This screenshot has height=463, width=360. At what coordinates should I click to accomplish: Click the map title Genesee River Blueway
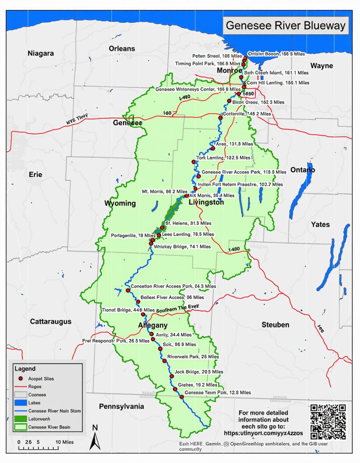pos(285,26)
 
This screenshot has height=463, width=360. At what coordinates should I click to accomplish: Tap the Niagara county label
pos(41,53)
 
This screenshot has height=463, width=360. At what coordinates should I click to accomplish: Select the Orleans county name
pos(122,48)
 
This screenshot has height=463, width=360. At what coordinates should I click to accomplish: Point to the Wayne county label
pos(322,65)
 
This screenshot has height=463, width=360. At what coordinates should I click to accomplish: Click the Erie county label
pos(35,175)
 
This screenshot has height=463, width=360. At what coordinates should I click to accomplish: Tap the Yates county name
pos(320,225)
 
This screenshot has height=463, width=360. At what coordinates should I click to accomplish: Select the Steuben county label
pos(275,324)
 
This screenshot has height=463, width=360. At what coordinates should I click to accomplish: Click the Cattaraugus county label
pos(51,322)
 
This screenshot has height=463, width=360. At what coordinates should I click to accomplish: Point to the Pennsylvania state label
pos(121,406)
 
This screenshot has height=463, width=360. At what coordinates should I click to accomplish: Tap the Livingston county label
pos(206,203)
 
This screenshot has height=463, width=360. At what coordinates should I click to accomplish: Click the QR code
pos(328,422)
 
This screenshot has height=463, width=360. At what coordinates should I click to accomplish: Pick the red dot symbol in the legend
pos(20,379)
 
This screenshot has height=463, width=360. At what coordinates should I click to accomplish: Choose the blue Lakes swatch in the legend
pos(20,403)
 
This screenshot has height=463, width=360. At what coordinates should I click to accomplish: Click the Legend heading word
pos(25,369)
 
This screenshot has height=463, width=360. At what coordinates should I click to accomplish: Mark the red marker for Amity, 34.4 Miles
pos(151,334)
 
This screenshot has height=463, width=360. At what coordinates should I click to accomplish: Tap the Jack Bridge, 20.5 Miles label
pos(195,372)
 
